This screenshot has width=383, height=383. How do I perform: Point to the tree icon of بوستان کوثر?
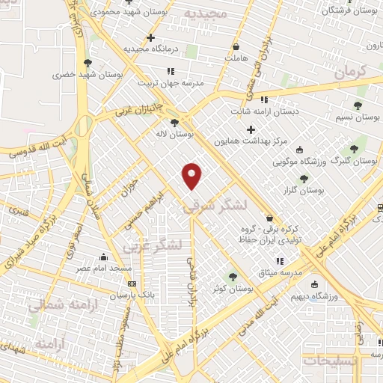point(232,277)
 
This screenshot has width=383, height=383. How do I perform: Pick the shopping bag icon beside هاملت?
point(236,46)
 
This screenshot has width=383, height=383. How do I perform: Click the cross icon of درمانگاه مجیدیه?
point(151,37)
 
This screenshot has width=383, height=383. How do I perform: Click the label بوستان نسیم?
point(358,118)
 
